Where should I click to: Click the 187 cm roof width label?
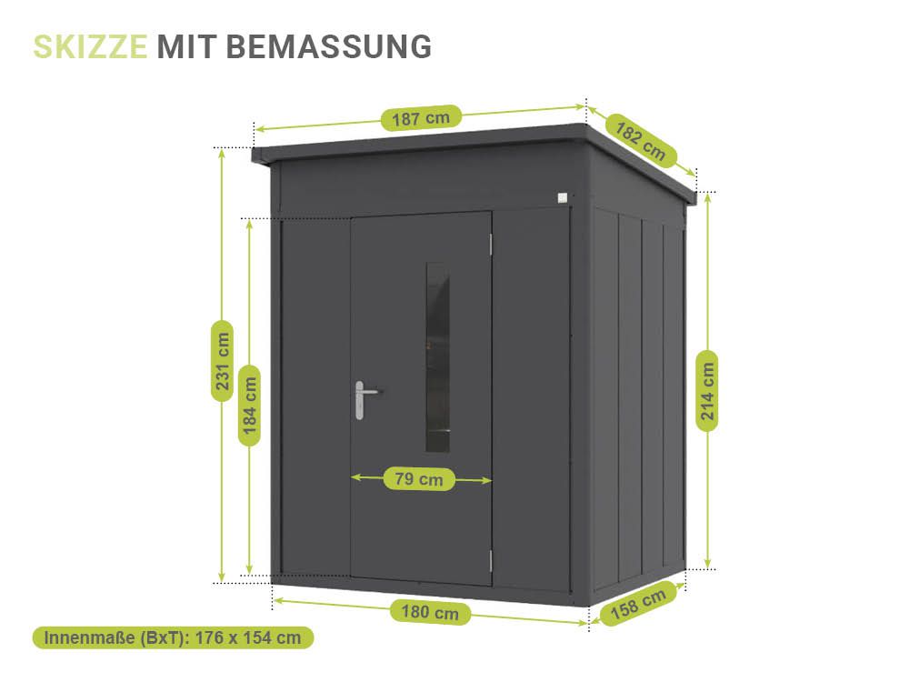tap(421, 117)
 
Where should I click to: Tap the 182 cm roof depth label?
tap(640, 141)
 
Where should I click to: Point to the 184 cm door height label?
tap(250, 405)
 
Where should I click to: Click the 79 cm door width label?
tap(419, 478)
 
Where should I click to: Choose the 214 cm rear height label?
tap(708, 390)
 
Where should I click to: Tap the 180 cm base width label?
tap(431, 612)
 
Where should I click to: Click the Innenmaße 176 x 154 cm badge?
tap(173, 637)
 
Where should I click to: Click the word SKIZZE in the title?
tap(90, 46)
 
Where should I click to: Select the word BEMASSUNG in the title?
tap(328, 46)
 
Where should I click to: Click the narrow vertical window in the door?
tap(437, 358)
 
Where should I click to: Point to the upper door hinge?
tap(491, 244)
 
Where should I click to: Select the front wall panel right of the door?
tap(531, 400)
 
